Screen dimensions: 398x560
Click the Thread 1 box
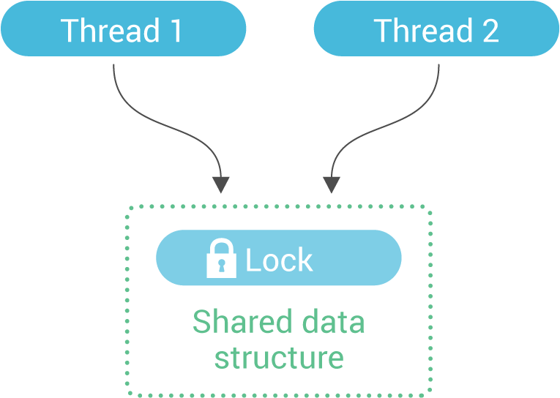click(x=122, y=29)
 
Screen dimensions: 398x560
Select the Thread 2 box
click(x=436, y=29)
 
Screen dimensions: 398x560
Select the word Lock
click(x=279, y=260)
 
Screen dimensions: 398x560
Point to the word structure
click(x=278, y=358)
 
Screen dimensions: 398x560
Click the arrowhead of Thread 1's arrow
click(x=220, y=184)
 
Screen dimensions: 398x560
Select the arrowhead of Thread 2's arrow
click(x=332, y=184)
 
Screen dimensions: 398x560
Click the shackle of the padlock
click(x=221, y=246)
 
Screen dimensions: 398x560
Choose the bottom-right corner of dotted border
click(x=430, y=390)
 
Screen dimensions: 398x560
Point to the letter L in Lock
click(x=252, y=260)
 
